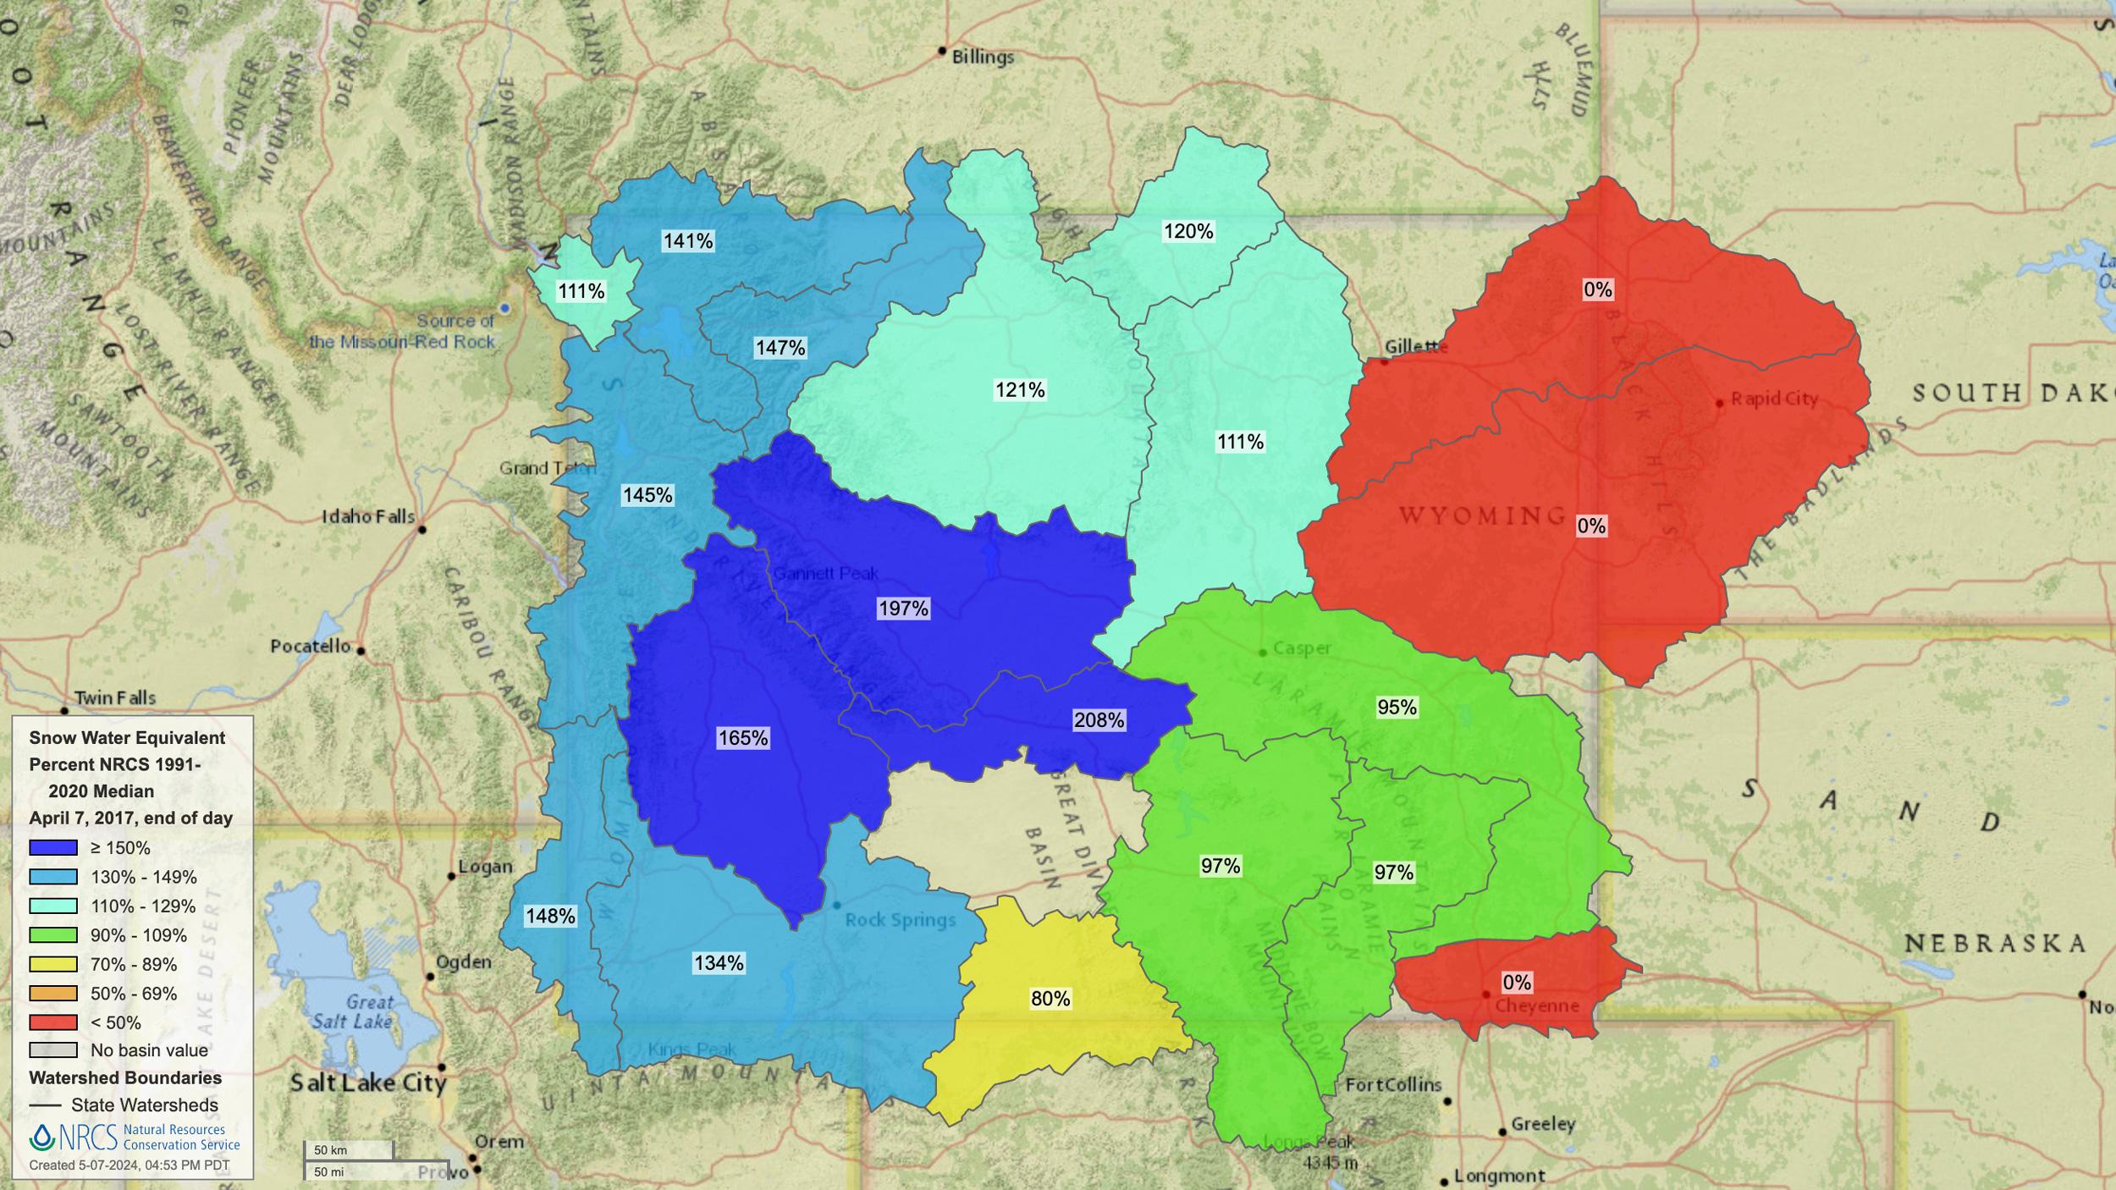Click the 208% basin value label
[x=1099, y=720]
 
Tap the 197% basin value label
[x=903, y=609]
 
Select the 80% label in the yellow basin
[x=1050, y=999]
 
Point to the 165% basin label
[x=742, y=738]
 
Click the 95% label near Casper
[x=1397, y=707]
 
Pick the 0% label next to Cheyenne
[x=1517, y=983]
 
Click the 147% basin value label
[x=780, y=348]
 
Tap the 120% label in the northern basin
[x=1188, y=231]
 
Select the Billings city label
[x=983, y=57]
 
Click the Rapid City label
[x=1774, y=399]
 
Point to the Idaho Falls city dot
[x=422, y=530]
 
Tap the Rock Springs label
[x=900, y=920]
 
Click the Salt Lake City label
[x=368, y=1083]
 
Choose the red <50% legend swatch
[x=53, y=1022]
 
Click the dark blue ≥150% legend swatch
[x=53, y=848]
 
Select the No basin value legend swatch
[x=53, y=1050]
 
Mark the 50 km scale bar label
[x=330, y=1150]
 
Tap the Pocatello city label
[x=310, y=647]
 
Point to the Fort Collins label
[x=1393, y=1085]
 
